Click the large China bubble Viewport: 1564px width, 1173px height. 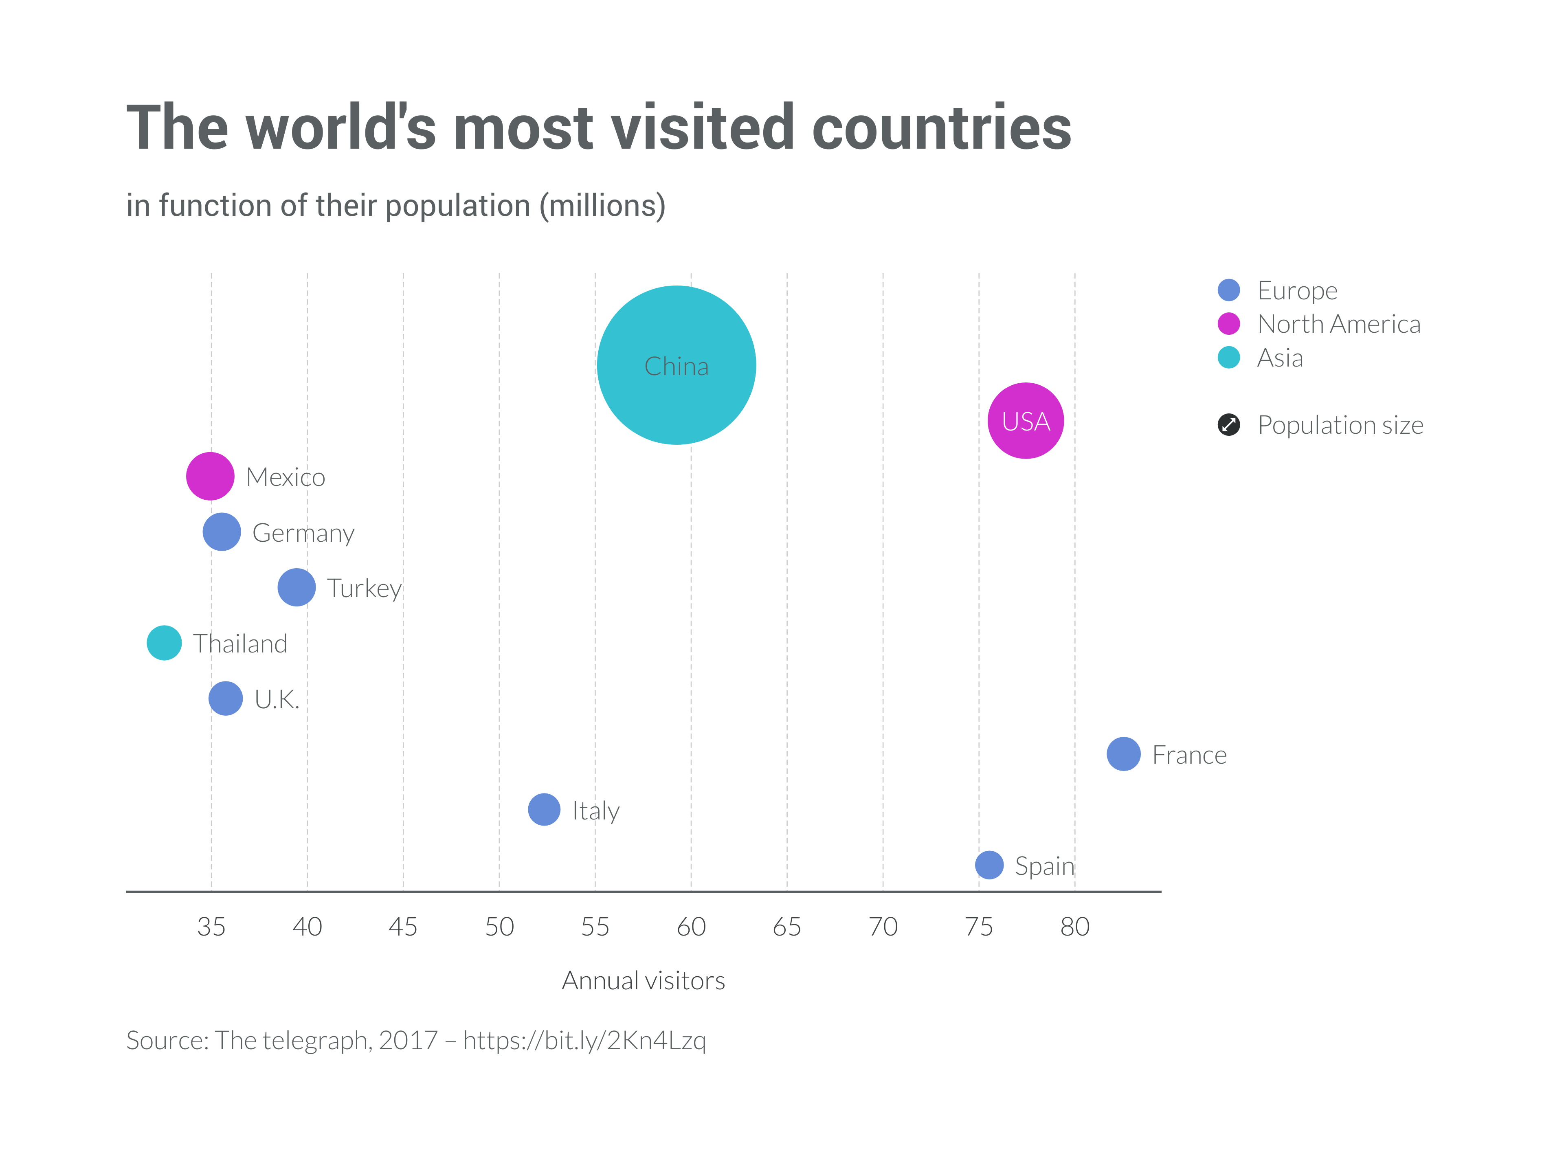pos(676,365)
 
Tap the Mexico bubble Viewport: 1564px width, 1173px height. pos(210,476)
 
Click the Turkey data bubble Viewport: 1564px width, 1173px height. pos(296,587)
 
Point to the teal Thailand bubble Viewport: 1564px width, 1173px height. pos(164,643)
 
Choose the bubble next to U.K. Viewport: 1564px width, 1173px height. pos(226,699)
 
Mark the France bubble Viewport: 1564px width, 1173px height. pos(1123,754)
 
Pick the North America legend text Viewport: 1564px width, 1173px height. pos(1338,324)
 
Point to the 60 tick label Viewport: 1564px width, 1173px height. pos(691,926)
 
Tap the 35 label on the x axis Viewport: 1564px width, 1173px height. pos(211,926)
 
